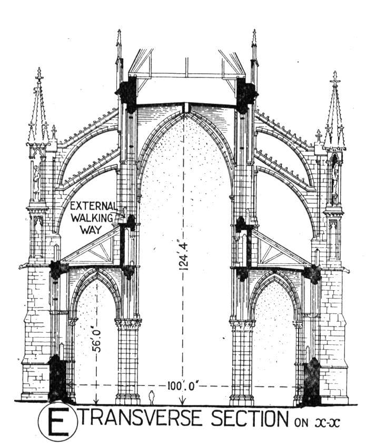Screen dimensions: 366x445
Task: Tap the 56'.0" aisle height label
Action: (x=97, y=340)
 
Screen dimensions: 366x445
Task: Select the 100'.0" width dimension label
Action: (x=182, y=386)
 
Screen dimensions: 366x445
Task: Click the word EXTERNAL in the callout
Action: (x=94, y=206)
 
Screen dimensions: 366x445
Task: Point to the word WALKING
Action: (x=92, y=218)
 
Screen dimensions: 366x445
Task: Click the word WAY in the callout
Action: (x=91, y=230)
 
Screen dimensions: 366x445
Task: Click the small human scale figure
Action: (x=152, y=397)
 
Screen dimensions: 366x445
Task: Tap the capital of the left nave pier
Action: (x=128, y=323)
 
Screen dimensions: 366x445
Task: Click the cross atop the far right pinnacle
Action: (x=335, y=78)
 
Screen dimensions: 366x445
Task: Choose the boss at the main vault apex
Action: (x=186, y=107)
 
